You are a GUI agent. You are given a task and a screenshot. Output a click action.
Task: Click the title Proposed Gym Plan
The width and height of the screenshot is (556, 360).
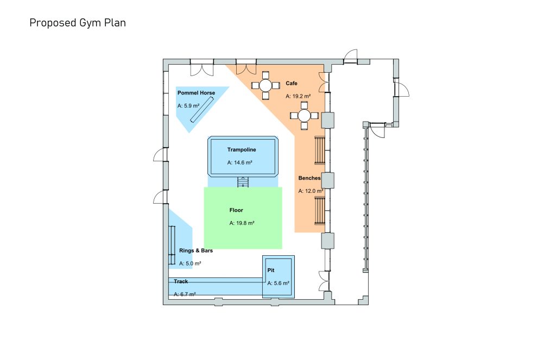click(78, 23)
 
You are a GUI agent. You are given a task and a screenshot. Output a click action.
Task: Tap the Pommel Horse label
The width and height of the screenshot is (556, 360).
click(196, 93)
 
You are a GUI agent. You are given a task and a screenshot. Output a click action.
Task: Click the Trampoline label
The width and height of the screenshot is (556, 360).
click(242, 150)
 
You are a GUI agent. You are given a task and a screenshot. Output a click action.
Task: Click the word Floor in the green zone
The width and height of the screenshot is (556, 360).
click(236, 210)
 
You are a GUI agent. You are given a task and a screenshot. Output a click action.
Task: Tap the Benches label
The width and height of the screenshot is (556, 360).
click(309, 178)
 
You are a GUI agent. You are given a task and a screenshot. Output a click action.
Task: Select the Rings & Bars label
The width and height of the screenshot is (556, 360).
click(196, 251)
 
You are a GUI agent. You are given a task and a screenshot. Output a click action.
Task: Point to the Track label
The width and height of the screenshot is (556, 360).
click(181, 281)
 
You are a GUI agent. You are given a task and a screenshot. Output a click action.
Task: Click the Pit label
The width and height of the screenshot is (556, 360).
click(271, 270)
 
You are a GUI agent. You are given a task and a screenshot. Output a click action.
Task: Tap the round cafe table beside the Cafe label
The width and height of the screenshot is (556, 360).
click(266, 85)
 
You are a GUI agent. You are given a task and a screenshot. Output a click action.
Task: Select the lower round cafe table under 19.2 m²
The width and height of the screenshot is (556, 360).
click(304, 116)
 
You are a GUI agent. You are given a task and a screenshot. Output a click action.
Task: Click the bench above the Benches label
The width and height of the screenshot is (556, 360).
click(320, 150)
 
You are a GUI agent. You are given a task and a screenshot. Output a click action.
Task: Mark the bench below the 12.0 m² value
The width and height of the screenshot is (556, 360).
click(320, 211)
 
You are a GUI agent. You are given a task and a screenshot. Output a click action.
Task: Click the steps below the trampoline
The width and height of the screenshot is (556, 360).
click(243, 182)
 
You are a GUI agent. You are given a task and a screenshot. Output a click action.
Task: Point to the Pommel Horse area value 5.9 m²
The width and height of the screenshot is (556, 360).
click(188, 106)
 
